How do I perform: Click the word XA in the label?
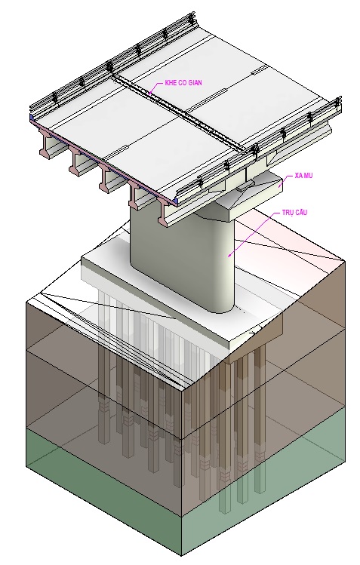(298, 176)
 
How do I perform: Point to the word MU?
(308, 176)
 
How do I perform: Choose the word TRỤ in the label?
(288, 212)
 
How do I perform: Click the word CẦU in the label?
(301, 212)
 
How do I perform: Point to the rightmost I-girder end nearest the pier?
(165, 213)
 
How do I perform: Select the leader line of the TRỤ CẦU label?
(254, 234)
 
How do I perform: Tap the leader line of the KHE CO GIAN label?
(155, 88)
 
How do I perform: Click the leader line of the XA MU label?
(286, 180)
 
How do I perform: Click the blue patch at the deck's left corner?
(32, 118)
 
